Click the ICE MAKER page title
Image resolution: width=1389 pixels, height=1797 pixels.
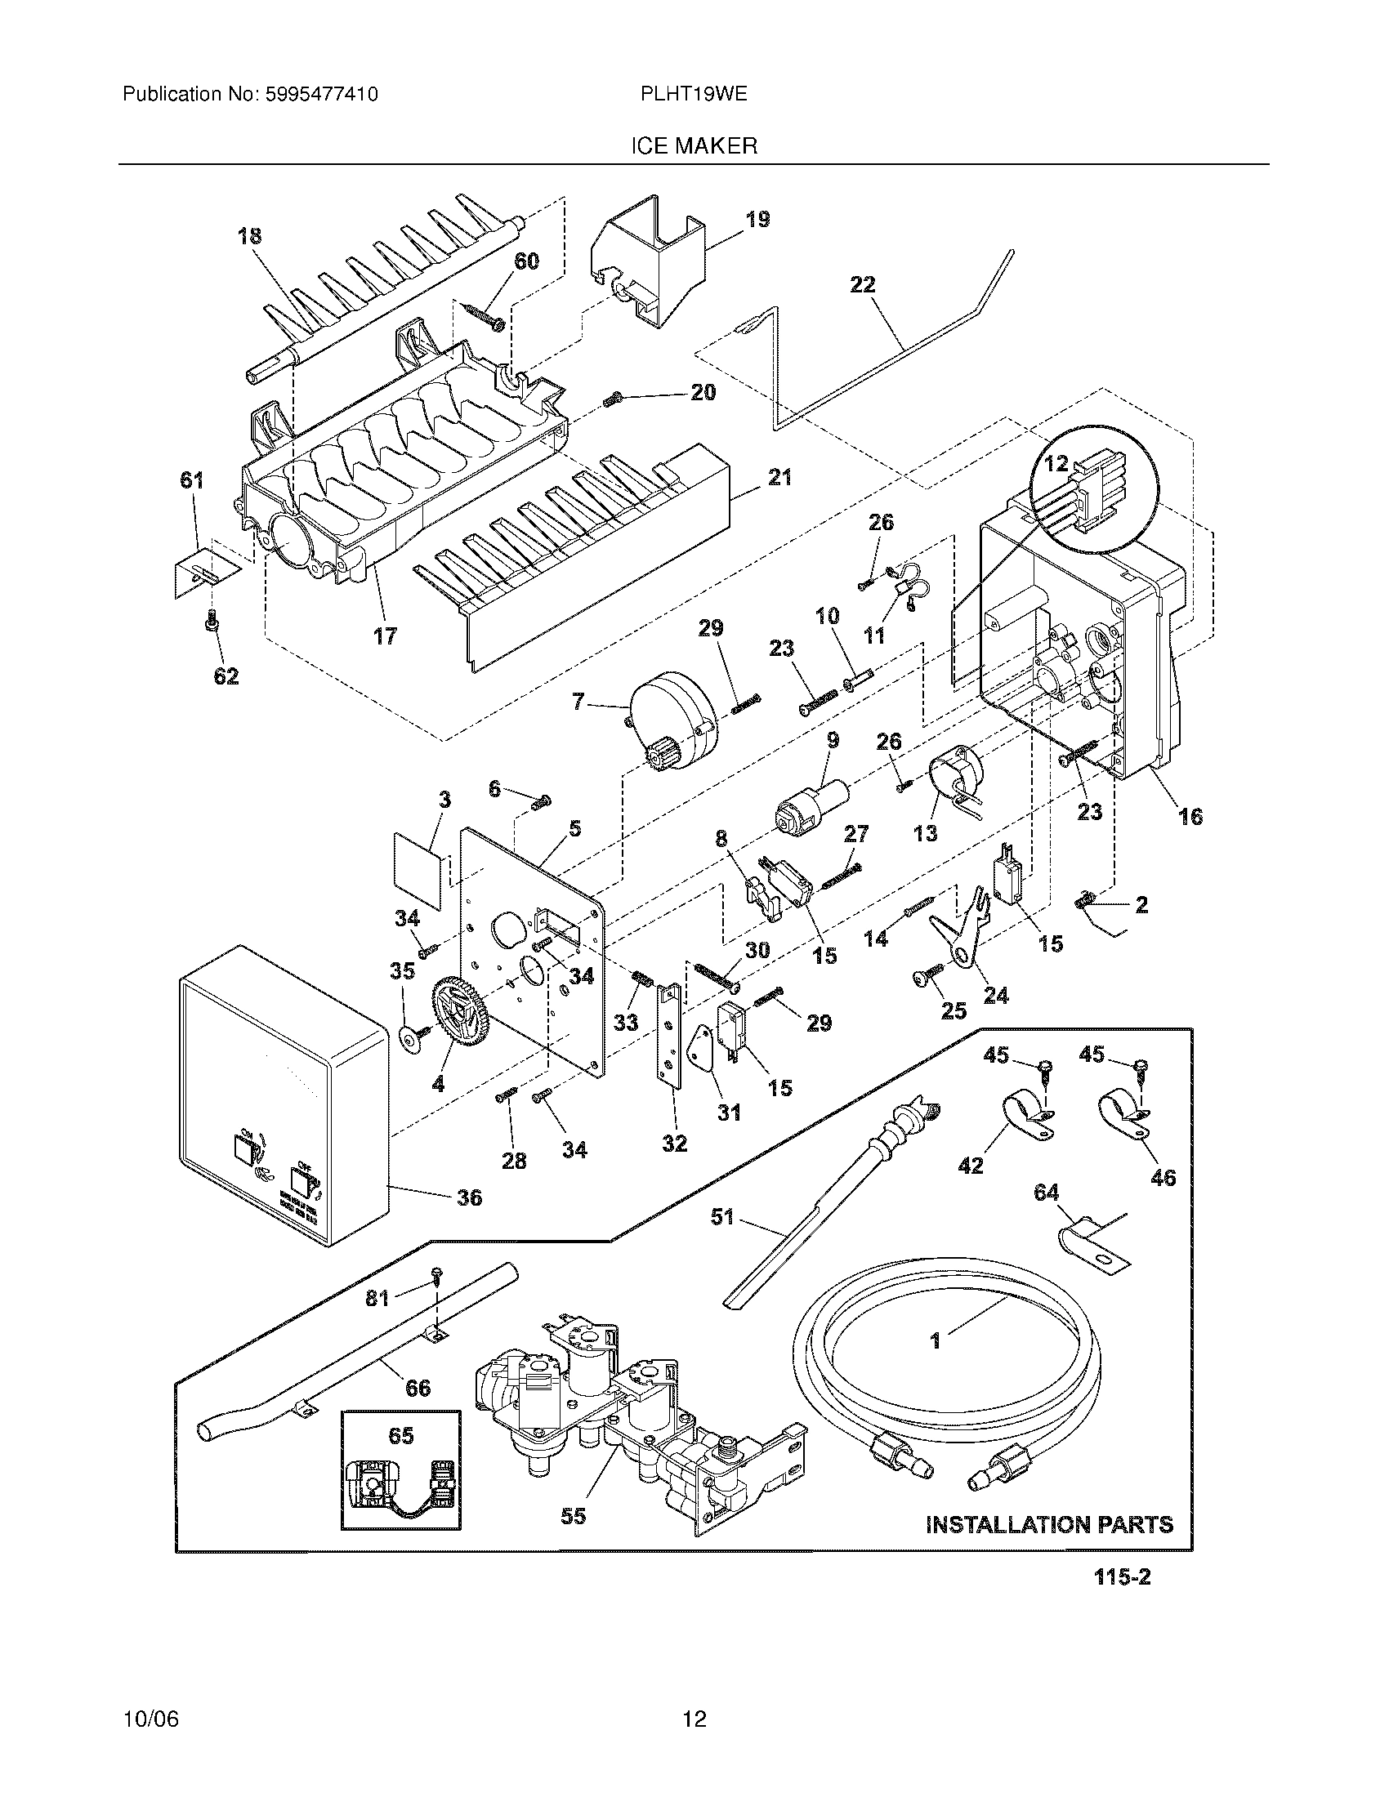coord(694,146)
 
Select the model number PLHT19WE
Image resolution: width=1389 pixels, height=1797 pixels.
coord(694,94)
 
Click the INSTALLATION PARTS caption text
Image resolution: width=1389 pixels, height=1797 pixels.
coord(1049,1525)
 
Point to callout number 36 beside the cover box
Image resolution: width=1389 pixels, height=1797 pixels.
coord(469,1197)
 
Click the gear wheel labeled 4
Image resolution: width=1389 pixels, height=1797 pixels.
coord(461,1019)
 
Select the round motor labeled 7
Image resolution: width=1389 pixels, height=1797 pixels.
coord(673,718)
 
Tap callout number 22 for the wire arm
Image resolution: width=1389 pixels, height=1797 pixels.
coord(862,285)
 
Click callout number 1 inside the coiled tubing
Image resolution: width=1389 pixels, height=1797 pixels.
coord(935,1341)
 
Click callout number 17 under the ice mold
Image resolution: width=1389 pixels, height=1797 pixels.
coord(384,635)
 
